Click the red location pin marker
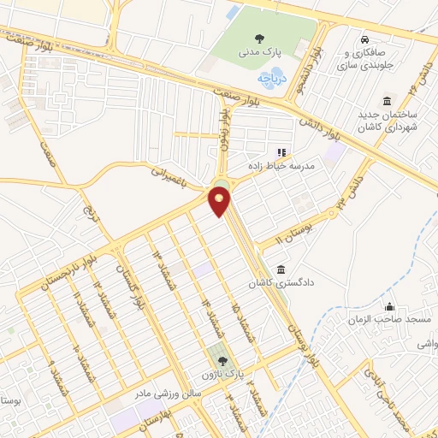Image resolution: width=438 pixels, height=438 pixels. (x=219, y=201)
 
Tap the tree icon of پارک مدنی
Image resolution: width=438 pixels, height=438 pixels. (x=258, y=37)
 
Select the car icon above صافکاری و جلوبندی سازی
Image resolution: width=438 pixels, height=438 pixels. (x=365, y=39)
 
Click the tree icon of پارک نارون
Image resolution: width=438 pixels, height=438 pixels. (x=223, y=361)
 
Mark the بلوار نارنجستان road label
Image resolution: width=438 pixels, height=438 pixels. (x=63, y=272)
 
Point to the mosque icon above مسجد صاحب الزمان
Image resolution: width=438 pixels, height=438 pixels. (x=391, y=307)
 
